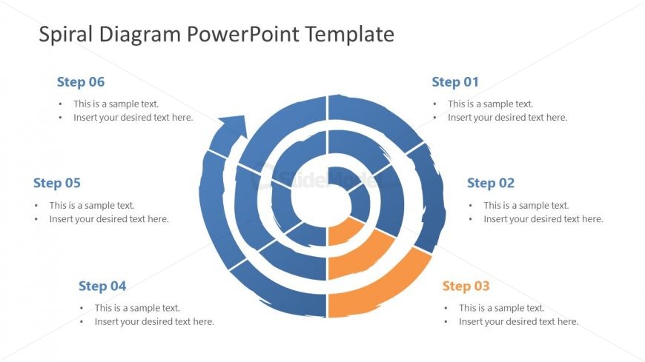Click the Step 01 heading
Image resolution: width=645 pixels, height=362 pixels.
(x=455, y=82)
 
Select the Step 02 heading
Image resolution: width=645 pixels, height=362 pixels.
(x=490, y=184)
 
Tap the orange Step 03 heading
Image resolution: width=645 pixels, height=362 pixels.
(x=466, y=286)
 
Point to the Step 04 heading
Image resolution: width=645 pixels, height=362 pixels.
(x=102, y=286)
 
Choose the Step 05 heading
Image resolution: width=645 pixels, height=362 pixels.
(x=57, y=184)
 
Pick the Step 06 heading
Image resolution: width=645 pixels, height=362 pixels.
(x=81, y=82)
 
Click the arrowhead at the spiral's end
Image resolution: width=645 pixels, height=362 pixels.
(x=234, y=126)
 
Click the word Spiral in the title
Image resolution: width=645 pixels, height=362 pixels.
(x=66, y=35)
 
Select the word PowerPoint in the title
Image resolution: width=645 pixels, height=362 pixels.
(x=242, y=34)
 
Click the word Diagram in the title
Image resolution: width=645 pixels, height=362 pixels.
(x=140, y=35)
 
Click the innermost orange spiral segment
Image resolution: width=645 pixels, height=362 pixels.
(x=343, y=232)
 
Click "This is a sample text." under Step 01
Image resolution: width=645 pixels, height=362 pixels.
(x=490, y=104)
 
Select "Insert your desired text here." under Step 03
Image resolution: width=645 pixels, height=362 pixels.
(x=519, y=322)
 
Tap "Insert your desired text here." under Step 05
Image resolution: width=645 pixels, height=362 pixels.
(x=109, y=219)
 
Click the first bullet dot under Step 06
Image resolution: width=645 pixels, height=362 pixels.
(x=61, y=104)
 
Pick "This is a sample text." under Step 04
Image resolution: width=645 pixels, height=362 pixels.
(x=137, y=308)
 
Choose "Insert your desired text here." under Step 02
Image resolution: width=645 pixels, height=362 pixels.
(x=543, y=219)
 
